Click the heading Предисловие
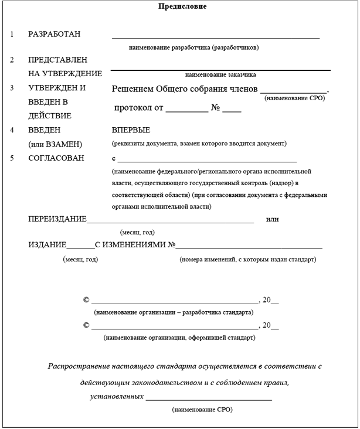click(x=182, y=7)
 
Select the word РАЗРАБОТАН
click(x=55, y=34)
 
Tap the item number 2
click(x=12, y=60)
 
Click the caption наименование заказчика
click(x=220, y=74)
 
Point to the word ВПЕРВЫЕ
click(x=131, y=130)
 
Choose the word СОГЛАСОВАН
click(x=56, y=158)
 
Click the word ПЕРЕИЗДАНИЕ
click(x=57, y=219)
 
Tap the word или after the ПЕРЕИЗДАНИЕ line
click(x=272, y=219)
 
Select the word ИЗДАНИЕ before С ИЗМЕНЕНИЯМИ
click(x=47, y=245)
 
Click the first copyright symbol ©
click(x=86, y=300)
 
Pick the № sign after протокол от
click(x=215, y=108)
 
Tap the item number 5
click(x=12, y=158)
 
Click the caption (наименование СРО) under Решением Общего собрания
click(x=294, y=97)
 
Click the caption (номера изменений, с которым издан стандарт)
click(x=248, y=259)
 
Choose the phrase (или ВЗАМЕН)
click(x=55, y=144)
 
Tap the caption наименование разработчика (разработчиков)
click(x=194, y=47)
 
